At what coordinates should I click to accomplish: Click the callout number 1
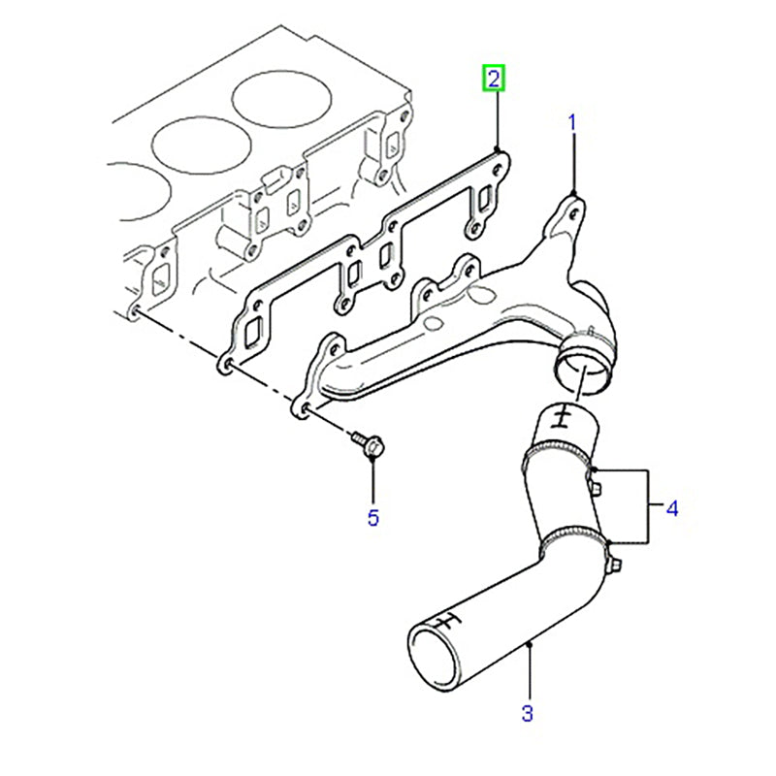tap(572, 122)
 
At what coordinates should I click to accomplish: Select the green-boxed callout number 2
tap(494, 79)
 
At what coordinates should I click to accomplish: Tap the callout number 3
tap(527, 716)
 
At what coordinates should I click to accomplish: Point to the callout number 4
tap(670, 506)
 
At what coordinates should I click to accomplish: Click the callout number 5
tap(373, 518)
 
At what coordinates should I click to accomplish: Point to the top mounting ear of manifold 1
tap(572, 206)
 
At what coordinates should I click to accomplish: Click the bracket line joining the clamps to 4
tap(645, 506)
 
